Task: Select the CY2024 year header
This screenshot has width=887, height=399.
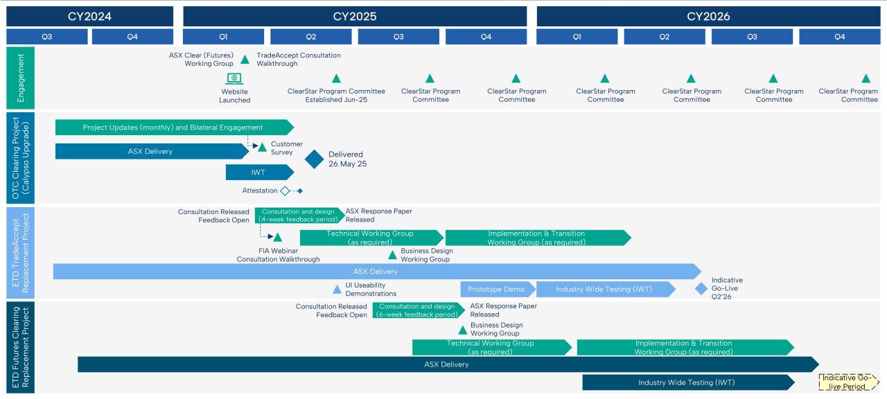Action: click(x=89, y=16)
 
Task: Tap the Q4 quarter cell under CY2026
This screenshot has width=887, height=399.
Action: click(x=839, y=37)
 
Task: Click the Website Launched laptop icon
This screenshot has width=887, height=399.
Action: click(x=234, y=79)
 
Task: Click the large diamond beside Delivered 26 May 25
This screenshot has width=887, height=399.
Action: click(x=315, y=159)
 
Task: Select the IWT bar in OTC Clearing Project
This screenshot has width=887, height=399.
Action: click(x=258, y=172)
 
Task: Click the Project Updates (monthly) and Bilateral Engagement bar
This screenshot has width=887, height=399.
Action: click(x=173, y=127)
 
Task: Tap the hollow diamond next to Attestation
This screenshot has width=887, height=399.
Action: click(x=285, y=190)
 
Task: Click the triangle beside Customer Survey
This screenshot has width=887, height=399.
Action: click(x=262, y=147)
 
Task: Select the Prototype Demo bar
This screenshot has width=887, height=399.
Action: click(x=498, y=289)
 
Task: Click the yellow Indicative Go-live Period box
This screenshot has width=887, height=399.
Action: click(x=848, y=382)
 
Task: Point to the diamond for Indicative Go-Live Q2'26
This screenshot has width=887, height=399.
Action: click(x=701, y=288)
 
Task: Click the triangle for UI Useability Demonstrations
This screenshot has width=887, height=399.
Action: click(x=337, y=290)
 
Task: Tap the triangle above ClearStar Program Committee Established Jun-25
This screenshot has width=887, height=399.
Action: click(x=336, y=79)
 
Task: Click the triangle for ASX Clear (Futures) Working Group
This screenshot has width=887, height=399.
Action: click(x=245, y=60)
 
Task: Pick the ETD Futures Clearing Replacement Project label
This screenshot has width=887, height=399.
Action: click(x=20, y=347)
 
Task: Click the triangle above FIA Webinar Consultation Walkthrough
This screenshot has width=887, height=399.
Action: click(x=277, y=238)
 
